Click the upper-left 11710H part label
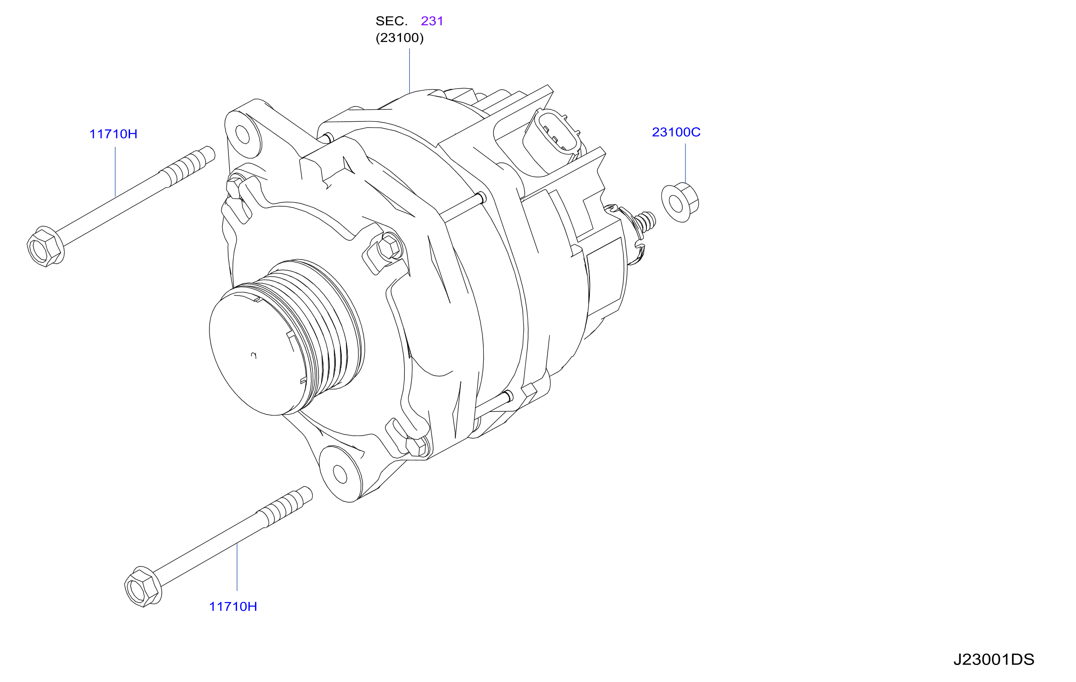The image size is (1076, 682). click(113, 134)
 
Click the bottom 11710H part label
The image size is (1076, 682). click(233, 607)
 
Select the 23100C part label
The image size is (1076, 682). click(676, 132)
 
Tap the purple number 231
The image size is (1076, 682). click(432, 21)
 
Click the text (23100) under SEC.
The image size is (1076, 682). click(400, 38)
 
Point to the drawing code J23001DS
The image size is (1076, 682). click(993, 659)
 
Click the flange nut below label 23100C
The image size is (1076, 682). click(680, 203)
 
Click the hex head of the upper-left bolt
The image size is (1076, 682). click(45, 247)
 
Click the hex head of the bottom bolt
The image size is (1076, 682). click(142, 587)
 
